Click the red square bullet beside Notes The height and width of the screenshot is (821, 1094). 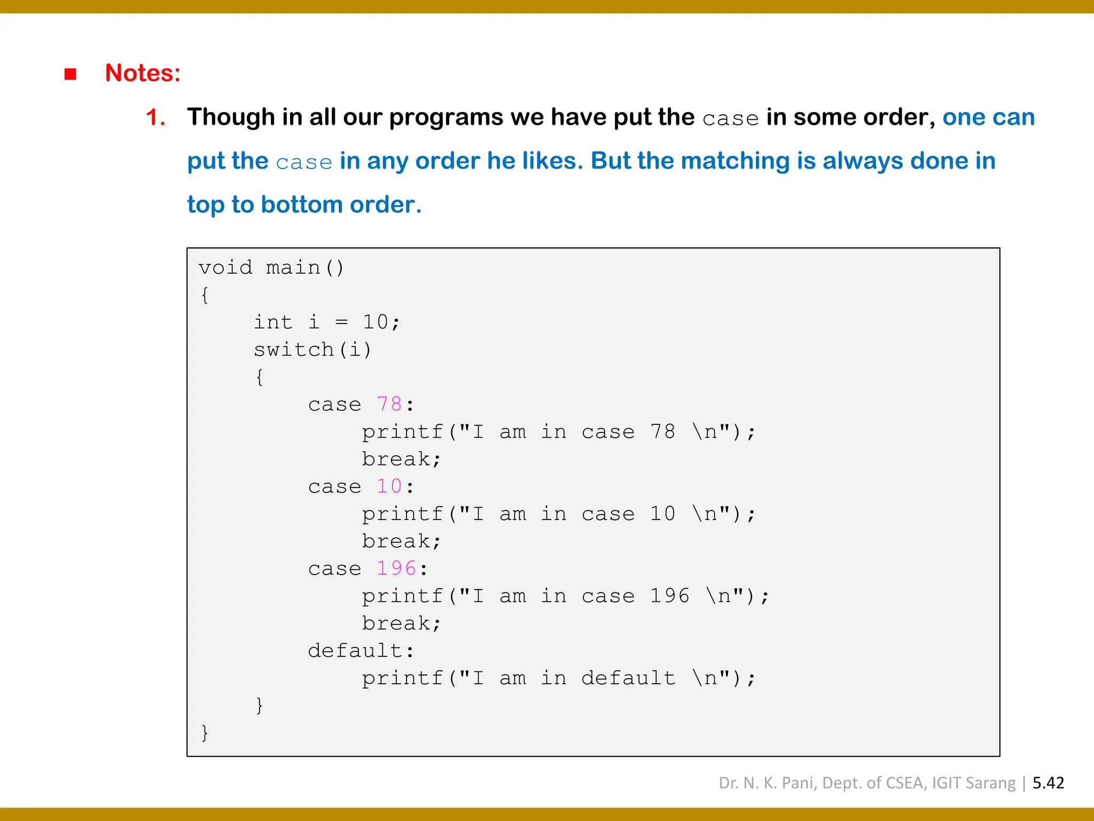(x=70, y=74)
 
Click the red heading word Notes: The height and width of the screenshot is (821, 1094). (x=143, y=73)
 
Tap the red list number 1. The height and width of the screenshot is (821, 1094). (x=155, y=118)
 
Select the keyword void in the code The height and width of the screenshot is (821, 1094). (x=225, y=267)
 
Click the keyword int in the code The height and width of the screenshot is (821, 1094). (x=273, y=322)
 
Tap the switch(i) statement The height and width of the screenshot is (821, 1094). (x=312, y=350)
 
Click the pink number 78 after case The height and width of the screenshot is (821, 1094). (x=389, y=404)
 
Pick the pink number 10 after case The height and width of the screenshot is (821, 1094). (x=389, y=486)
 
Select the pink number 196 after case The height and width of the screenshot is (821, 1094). (x=396, y=568)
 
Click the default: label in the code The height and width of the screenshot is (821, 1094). (x=361, y=650)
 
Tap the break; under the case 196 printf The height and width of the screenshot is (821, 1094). (x=401, y=623)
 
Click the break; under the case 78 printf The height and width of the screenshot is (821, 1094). (x=401, y=459)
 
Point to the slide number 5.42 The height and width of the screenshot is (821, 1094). (x=1048, y=783)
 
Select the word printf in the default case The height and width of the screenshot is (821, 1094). (x=402, y=678)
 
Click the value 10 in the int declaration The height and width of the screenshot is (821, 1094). (x=375, y=322)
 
